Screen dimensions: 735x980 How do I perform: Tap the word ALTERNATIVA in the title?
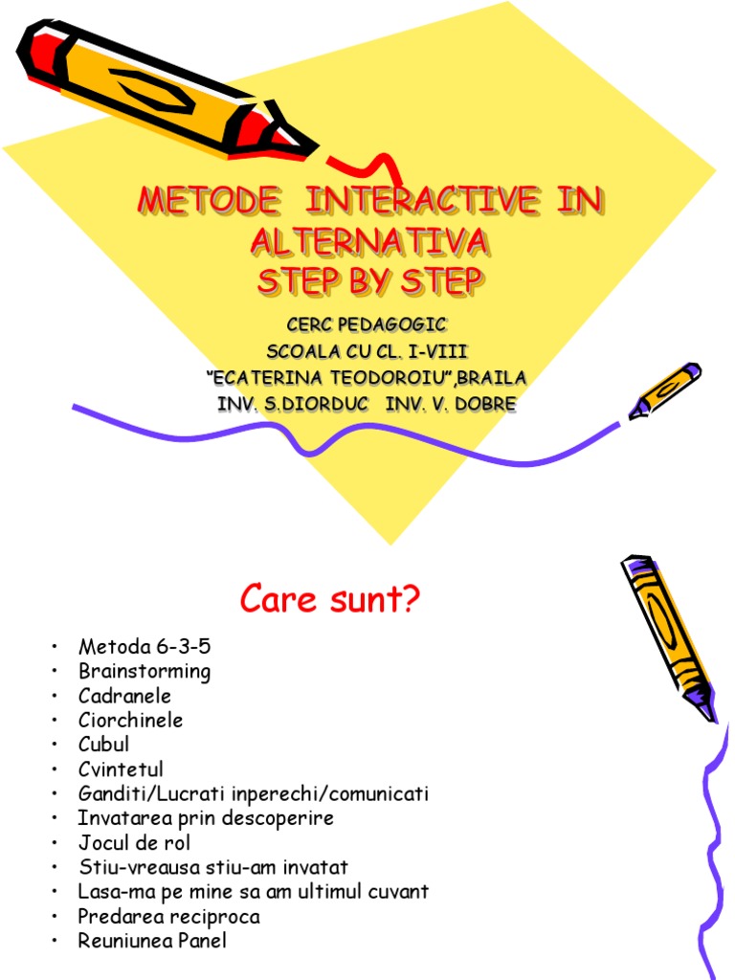pos(369,243)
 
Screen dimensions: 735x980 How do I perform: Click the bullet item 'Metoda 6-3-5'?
pos(144,646)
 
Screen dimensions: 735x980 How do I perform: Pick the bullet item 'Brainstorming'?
pos(145,671)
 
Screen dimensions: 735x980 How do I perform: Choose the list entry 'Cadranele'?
pos(124,696)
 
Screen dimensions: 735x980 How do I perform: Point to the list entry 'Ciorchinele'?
pos(130,720)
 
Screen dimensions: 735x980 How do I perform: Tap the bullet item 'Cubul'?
pos(103,745)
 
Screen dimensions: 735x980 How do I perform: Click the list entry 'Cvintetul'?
pos(121,769)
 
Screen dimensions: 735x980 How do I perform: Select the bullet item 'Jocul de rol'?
pos(134,843)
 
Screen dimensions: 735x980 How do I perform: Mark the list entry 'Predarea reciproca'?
pos(168,917)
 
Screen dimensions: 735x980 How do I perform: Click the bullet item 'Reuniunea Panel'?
pos(152,941)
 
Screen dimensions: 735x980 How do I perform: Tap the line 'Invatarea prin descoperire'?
pos(206,818)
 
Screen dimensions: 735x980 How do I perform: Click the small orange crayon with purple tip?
pos(664,390)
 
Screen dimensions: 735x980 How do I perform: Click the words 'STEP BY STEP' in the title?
pos(369,283)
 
